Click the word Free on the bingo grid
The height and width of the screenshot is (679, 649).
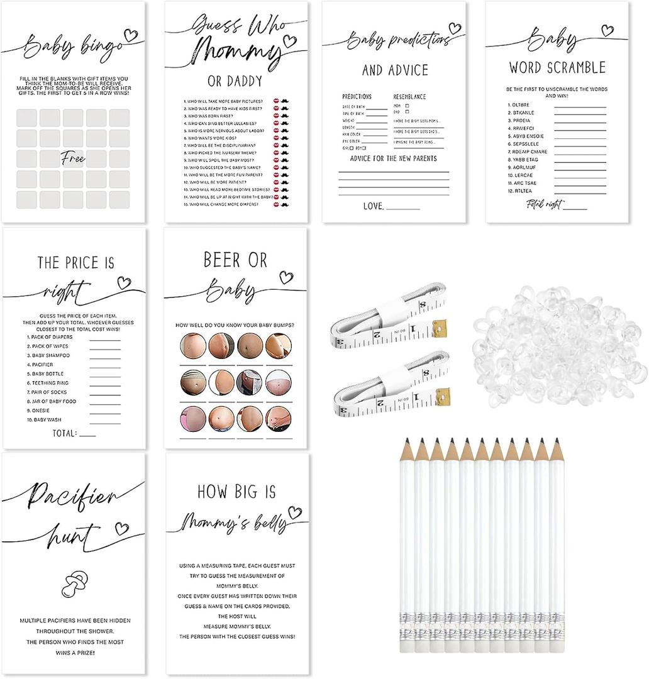pyautogui.click(x=74, y=159)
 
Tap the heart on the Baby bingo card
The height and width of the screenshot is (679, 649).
pyautogui.click(x=131, y=35)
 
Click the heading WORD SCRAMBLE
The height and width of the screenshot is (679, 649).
pyautogui.click(x=557, y=67)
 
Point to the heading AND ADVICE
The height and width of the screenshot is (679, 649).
pyautogui.click(x=395, y=70)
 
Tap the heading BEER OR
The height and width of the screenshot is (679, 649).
pyautogui.click(x=235, y=260)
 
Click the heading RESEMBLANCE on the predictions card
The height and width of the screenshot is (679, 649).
pyautogui.click(x=409, y=97)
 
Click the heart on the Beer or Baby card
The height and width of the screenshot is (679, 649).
pyautogui.click(x=286, y=277)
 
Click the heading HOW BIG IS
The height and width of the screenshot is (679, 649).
pyautogui.click(x=236, y=491)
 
